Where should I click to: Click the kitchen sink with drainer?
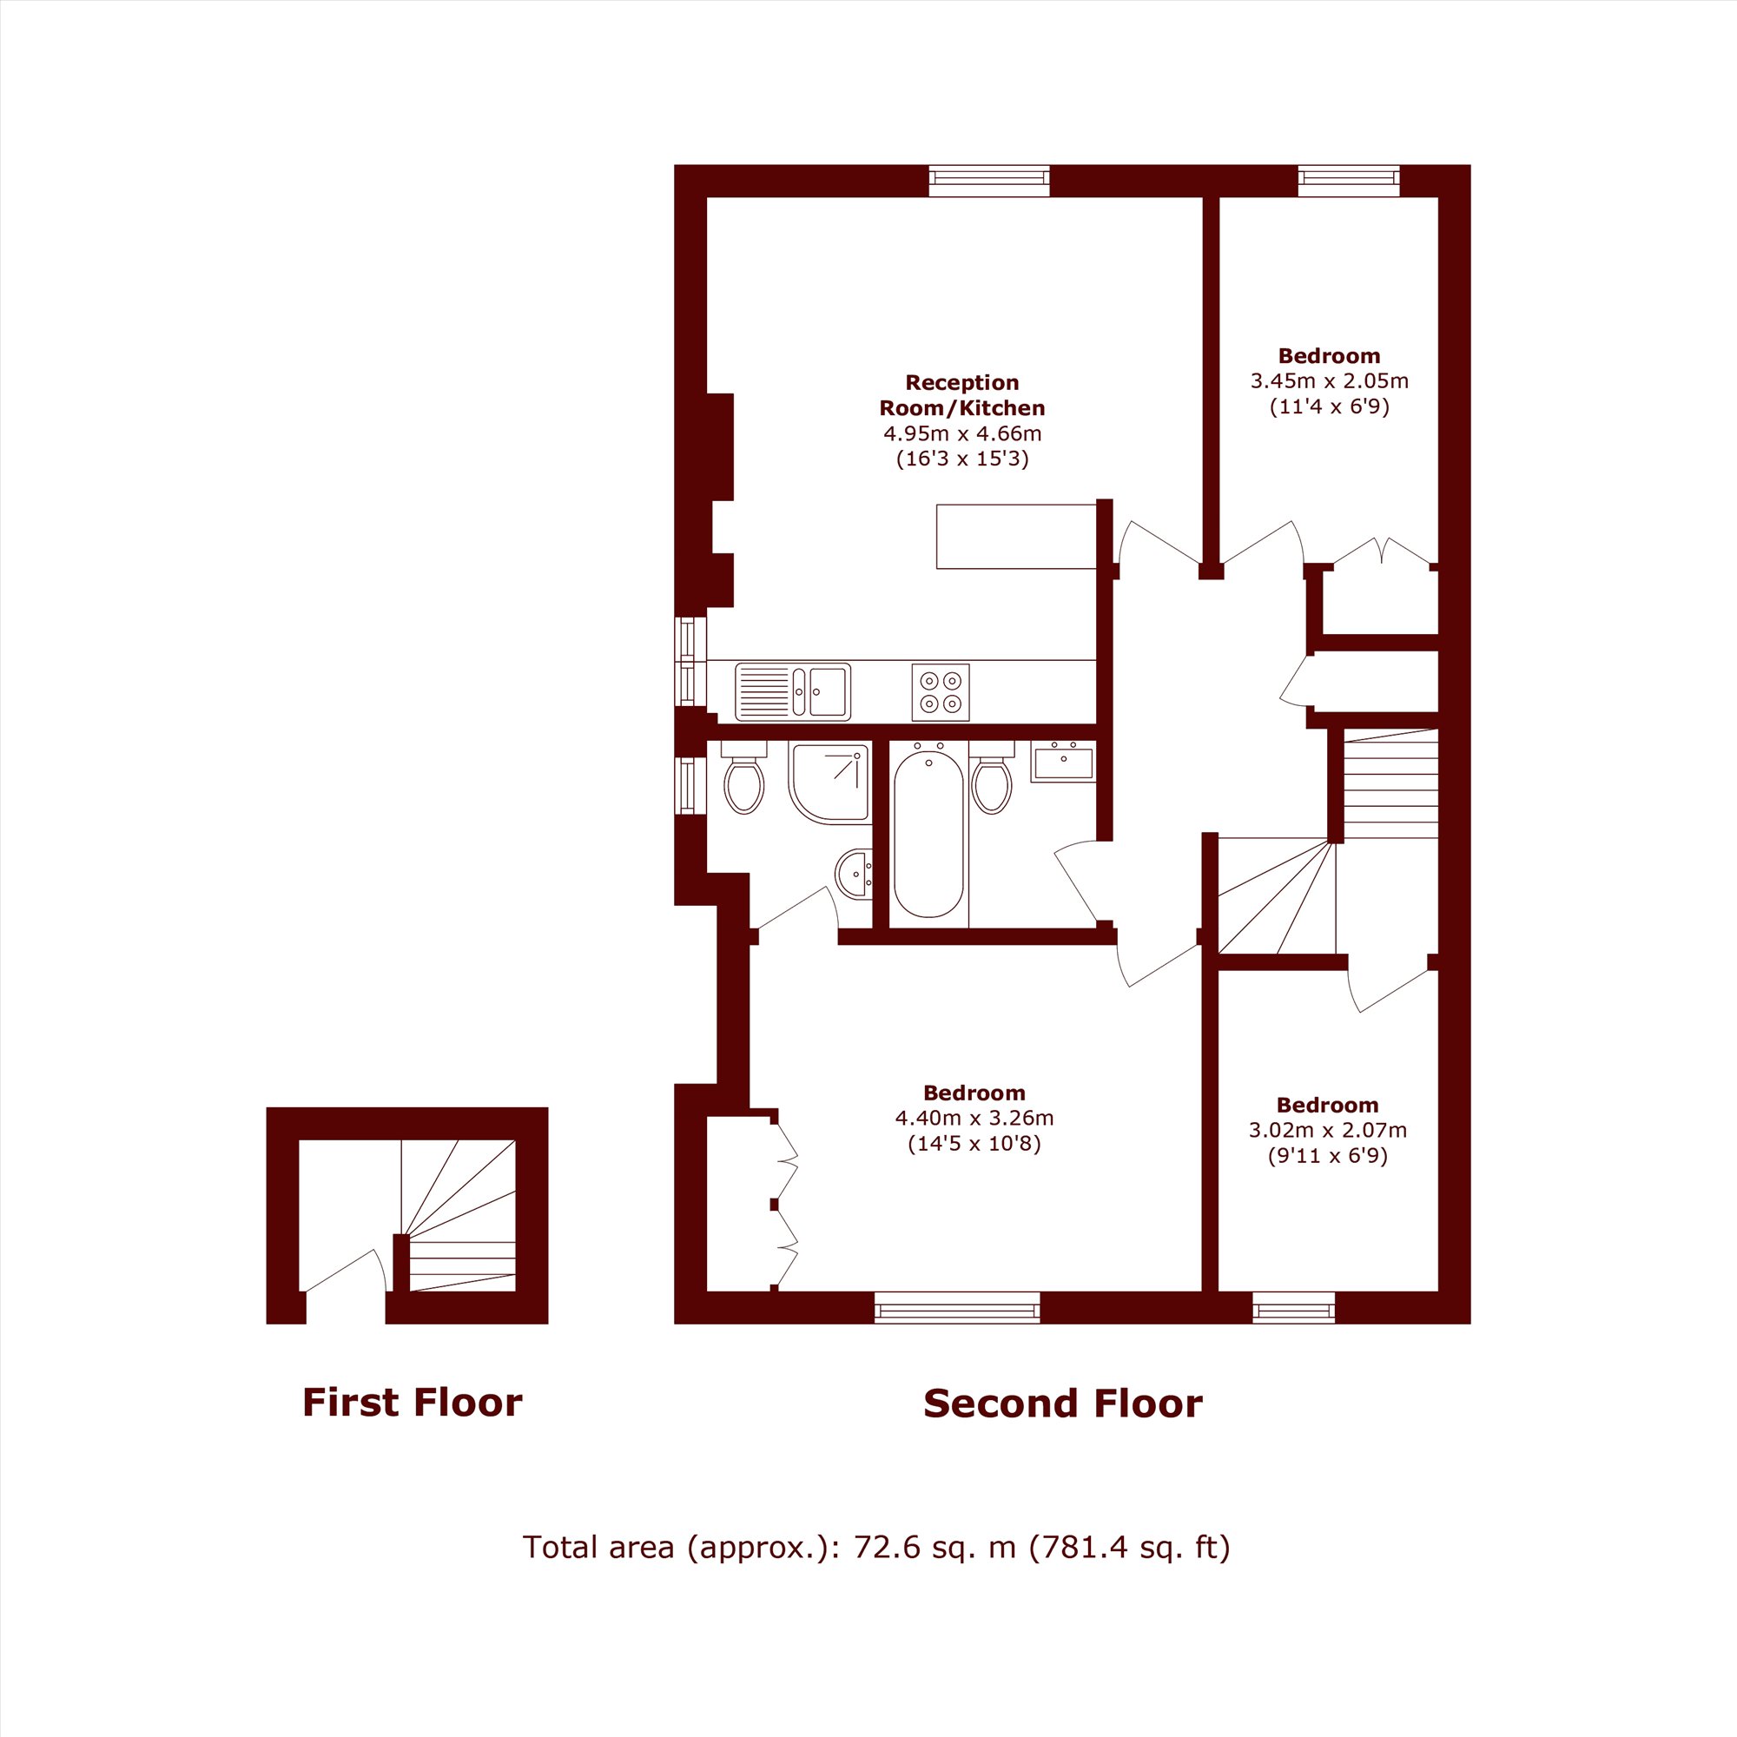click(792, 692)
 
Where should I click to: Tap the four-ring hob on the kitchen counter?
click(941, 692)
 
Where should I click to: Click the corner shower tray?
click(829, 783)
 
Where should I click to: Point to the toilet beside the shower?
click(743, 777)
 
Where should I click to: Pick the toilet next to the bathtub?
click(992, 777)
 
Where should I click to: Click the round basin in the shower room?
click(854, 873)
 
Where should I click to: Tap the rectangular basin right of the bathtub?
click(1063, 762)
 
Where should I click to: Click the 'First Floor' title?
click(413, 1403)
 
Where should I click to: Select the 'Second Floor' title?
click(1063, 1404)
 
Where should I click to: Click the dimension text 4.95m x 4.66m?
click(962, 434)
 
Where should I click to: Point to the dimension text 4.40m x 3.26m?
click(974, 1119)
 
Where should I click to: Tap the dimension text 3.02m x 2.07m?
click(1328, 1130)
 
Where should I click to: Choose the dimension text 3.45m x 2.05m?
click(1330, 381)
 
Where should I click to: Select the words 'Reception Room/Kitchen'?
click(962, 395)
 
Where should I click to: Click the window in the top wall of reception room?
click(989, 181)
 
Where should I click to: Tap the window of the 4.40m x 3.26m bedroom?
click(957, 1308)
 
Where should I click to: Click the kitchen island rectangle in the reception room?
click(1016, 537)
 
